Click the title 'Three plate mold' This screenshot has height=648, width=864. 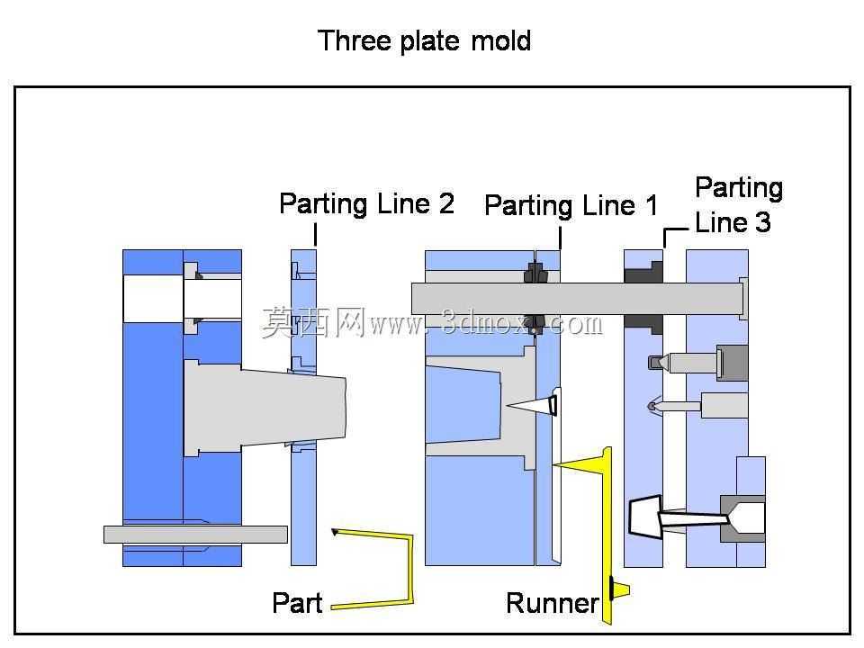pos(424,40)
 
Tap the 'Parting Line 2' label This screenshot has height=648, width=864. pos(366,204)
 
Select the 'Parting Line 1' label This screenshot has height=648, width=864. pos(571,206)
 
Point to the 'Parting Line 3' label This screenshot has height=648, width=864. pos(738,204)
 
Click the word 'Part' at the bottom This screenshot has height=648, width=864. pos(297,602)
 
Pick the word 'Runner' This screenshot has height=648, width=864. pos(553,603)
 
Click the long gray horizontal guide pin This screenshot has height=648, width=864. pos(577,299)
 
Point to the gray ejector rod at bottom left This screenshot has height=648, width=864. pos(195,535)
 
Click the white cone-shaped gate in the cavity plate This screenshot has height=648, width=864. pos(532,406)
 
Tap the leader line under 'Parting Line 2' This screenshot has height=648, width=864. pos(315,234)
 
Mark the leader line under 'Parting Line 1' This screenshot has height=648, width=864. pos(560,238)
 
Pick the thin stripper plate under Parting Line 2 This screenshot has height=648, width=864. pos(303,408)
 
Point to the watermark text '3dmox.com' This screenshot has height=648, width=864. pos(522,323)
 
